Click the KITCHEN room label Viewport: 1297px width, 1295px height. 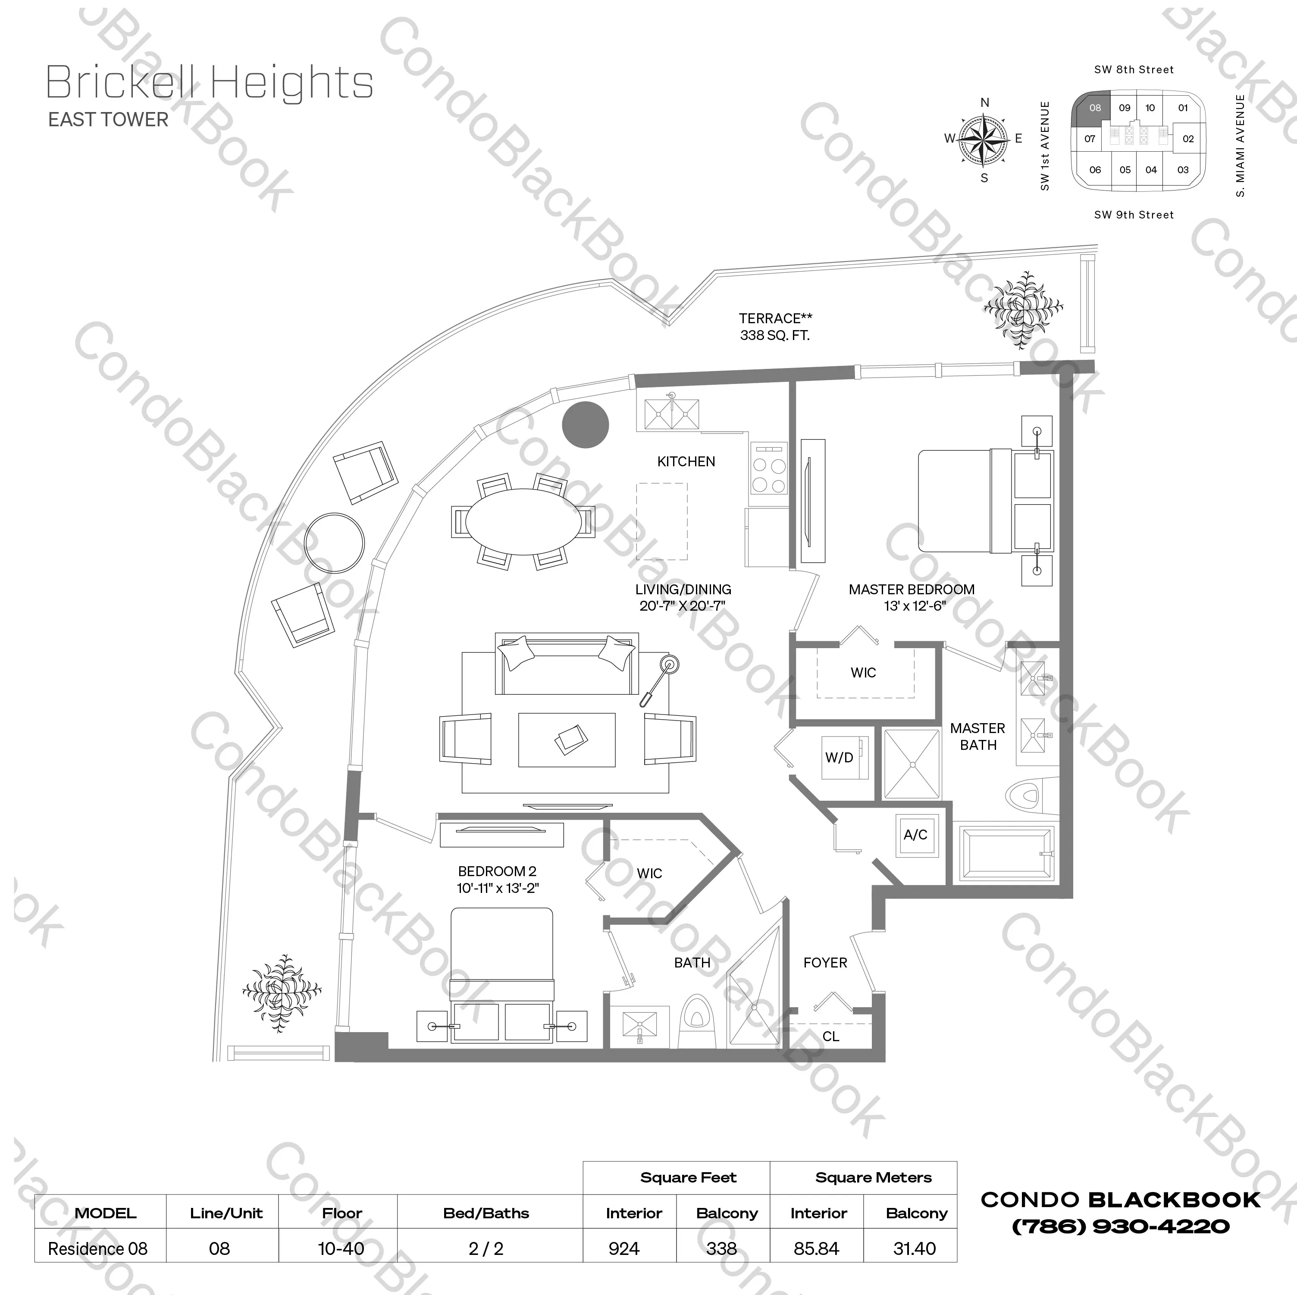click(686, 462)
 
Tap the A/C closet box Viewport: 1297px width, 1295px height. click(915, 835)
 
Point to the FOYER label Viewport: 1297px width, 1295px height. click(825, 962)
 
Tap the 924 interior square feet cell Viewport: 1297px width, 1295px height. click(623, 1249)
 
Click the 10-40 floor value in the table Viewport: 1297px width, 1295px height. click(341, 1249)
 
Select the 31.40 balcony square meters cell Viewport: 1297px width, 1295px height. click(915, 1249)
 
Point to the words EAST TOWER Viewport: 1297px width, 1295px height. click(108, 119)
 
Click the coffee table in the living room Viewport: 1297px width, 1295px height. click(567, 740)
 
